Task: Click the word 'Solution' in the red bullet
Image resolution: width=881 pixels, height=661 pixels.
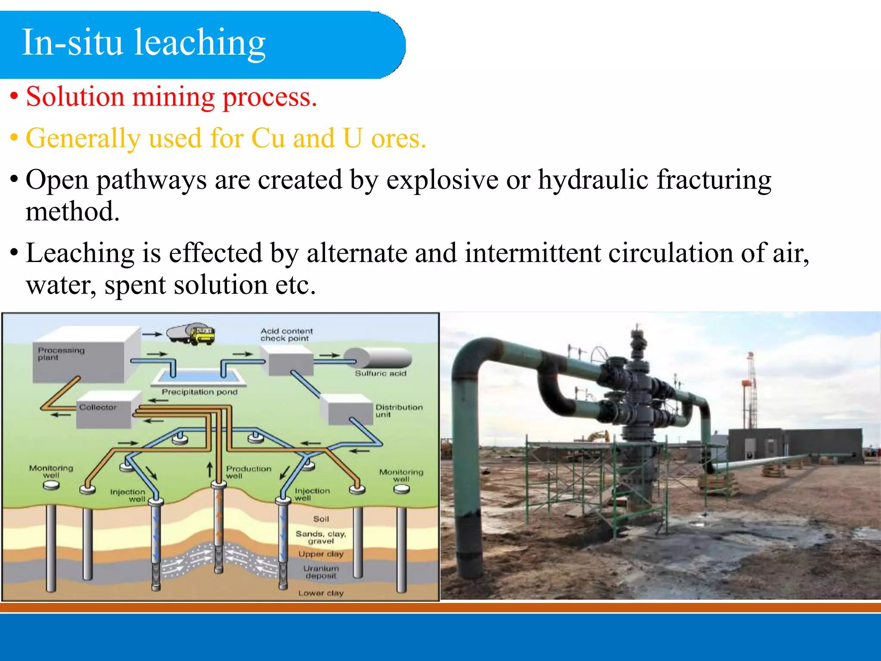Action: pyautogui.click(x=75, y=97)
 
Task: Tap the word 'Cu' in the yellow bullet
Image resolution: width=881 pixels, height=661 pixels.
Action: pyautogui.click(x=268, y=139)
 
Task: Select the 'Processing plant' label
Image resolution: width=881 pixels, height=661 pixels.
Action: pyautogui.click(x=61, y=354)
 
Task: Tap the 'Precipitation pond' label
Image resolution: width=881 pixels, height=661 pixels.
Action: pyautogui.click(x=199, y=392)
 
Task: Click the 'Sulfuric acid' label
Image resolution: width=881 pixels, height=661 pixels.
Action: pyautogui.click(x=380, y=374)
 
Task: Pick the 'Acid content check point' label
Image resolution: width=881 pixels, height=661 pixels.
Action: pyautogui.click(x=286, y=335)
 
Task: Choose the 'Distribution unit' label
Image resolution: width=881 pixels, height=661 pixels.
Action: pyautogui.click(x=399, y=411)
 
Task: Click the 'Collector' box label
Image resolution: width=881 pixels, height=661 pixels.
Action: pyautogui.click(x=98, y=407)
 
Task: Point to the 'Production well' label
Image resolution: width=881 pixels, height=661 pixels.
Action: pyautogui.click(x=248, y=472)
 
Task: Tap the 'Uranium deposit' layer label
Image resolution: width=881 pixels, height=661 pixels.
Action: pyautogui.click(x=321, y=572)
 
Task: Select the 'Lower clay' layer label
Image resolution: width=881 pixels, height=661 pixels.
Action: pyautogui.click(x=321, y=593)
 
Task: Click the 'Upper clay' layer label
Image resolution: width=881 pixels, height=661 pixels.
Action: pyautogui.click(x=321, y=554)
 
